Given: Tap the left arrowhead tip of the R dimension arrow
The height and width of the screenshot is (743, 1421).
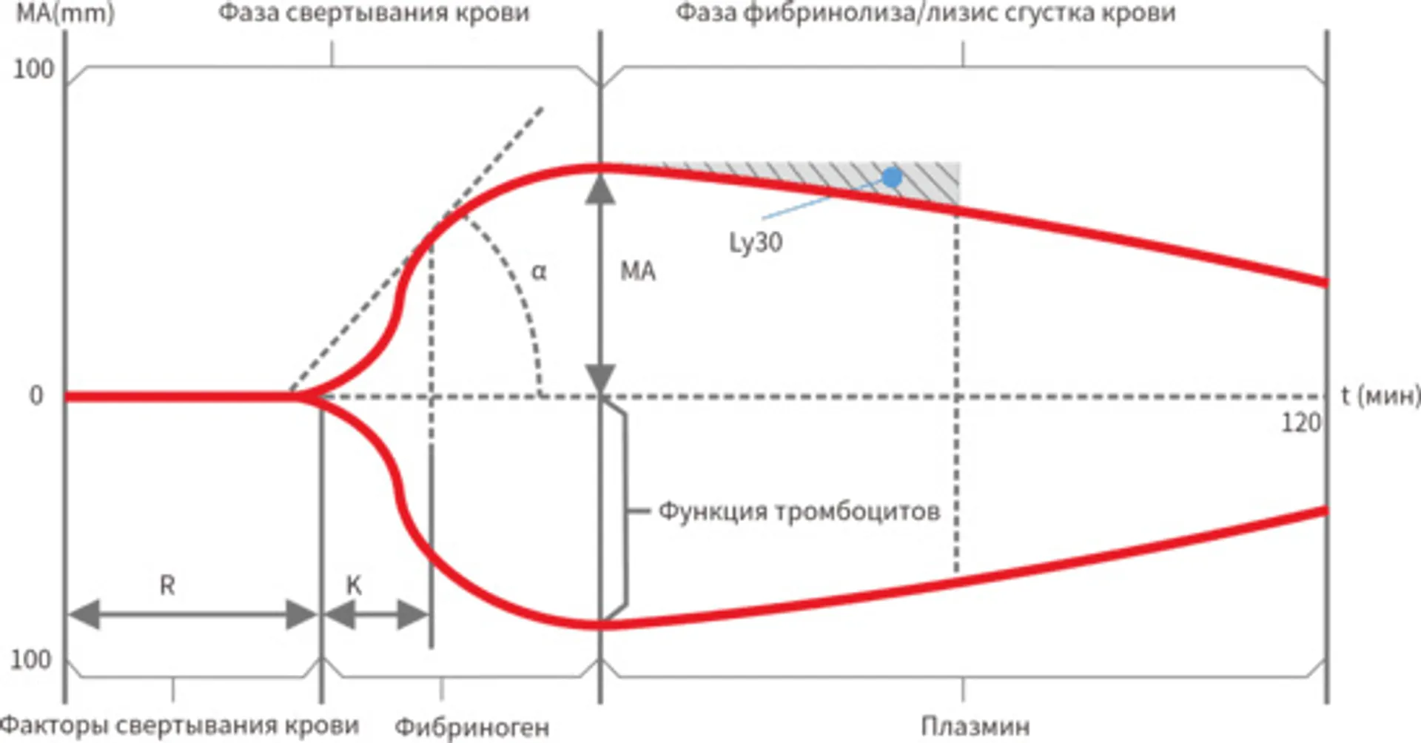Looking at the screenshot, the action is pos(68,613).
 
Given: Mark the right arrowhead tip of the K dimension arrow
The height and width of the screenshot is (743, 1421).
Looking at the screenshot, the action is pos(429,613).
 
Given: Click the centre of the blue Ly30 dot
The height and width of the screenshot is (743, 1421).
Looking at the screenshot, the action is pos(893,178).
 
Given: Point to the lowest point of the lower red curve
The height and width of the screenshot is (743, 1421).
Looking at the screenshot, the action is pos(600,625).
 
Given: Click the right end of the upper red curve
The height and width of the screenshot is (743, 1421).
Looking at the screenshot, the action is pos(1327,283).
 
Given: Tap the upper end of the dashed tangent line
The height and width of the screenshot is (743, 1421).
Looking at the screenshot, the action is pos(543,109).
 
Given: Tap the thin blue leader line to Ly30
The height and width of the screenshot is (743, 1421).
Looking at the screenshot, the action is pos(822,199).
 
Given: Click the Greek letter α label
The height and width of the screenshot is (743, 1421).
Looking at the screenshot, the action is pos(539,272).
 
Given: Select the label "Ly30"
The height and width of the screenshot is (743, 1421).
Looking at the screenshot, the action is pos(756,243).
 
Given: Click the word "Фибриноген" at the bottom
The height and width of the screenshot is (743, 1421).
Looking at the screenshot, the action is pos(472,727).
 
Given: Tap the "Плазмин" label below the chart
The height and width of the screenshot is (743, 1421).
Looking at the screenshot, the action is pos(975,726).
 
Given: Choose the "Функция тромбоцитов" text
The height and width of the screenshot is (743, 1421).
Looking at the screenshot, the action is pos(799,511).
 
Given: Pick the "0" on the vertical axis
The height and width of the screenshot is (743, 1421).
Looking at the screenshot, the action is pos(36,396).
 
